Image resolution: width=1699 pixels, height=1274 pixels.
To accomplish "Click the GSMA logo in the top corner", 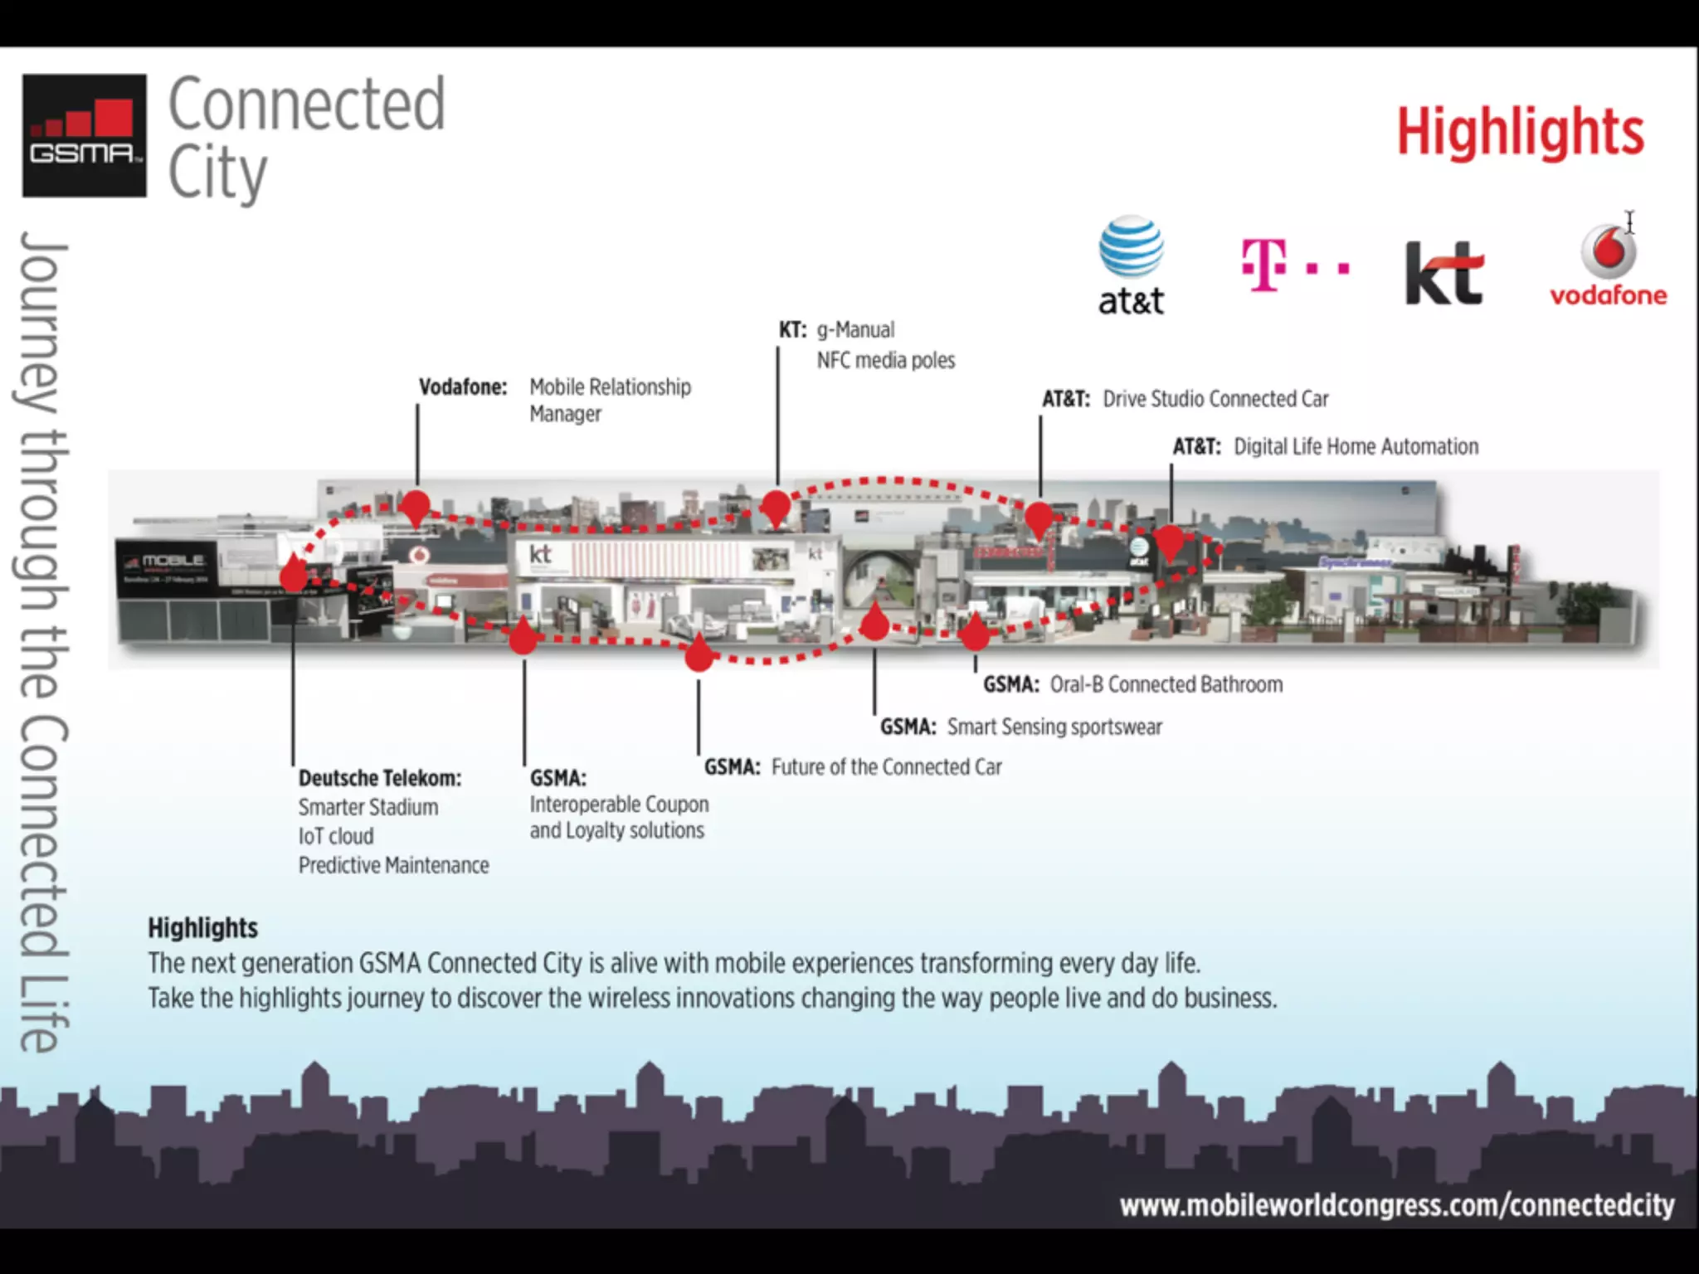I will coord(84,135).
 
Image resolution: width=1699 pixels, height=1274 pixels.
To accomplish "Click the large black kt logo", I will coord(1443,272).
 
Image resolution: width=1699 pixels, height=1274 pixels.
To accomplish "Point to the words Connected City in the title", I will coord(306,138).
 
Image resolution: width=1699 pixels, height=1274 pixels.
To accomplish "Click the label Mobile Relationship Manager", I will coord(610,400).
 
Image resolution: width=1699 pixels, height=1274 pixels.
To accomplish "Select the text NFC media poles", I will coord(885,360).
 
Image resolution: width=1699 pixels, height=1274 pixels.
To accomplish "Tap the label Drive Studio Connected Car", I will coord(1215,399).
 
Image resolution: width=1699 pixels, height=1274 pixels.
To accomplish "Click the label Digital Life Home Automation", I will coord(1356,446).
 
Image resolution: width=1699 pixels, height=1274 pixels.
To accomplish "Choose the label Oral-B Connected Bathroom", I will coord(1166,684).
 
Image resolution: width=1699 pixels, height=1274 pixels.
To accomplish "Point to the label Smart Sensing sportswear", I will coord(1054,727).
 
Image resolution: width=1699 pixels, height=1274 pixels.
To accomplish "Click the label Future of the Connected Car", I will coord(886,766).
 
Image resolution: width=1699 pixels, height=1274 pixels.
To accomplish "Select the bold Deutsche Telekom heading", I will coord(379,778).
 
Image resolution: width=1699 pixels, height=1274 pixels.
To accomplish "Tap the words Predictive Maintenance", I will coord(393,865).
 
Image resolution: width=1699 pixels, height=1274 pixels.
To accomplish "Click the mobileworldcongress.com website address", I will coord(1396,1204).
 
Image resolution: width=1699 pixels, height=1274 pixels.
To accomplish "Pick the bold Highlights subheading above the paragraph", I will coord(202,927).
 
